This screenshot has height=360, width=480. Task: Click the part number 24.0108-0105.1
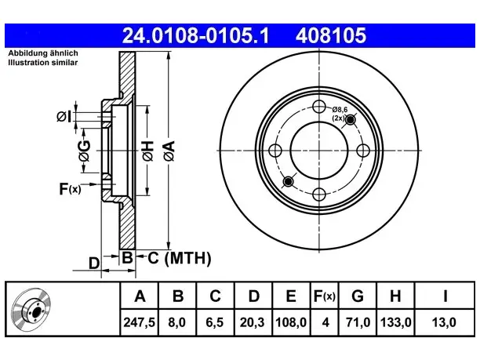195,35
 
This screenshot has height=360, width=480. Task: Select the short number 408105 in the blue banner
331,35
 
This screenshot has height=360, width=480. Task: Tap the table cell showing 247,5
140,322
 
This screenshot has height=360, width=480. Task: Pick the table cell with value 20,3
253,322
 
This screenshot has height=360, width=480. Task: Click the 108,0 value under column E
291,322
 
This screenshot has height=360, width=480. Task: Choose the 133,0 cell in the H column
395,322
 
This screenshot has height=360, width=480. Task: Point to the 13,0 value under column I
444,322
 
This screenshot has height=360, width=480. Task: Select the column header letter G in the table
358,296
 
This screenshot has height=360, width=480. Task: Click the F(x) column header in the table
325,296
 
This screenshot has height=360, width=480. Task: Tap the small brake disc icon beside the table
31,310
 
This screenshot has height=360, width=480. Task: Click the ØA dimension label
169,151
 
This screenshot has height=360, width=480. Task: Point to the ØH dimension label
148,151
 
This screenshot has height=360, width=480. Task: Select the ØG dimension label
84,151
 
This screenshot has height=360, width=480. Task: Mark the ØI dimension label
64,116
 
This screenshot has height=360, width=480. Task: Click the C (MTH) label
180,258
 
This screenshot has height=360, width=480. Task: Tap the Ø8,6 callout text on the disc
340,109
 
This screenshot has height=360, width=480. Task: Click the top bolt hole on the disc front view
319,107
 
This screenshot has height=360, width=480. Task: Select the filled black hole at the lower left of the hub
288,181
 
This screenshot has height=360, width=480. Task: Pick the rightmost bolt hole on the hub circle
363,151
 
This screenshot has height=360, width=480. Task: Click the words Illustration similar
43,63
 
